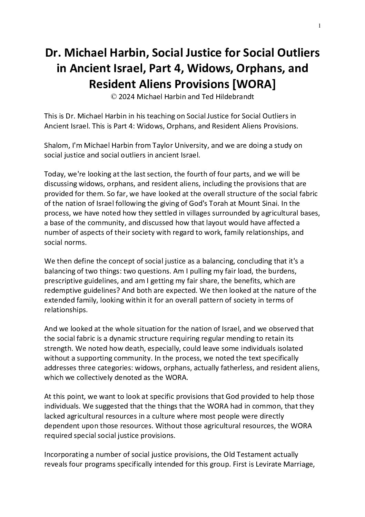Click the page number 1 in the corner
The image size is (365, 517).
click(x=320, y=25)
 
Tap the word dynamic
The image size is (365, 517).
click(x=120, y=339)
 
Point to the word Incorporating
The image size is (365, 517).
click(x=66, y=455)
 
